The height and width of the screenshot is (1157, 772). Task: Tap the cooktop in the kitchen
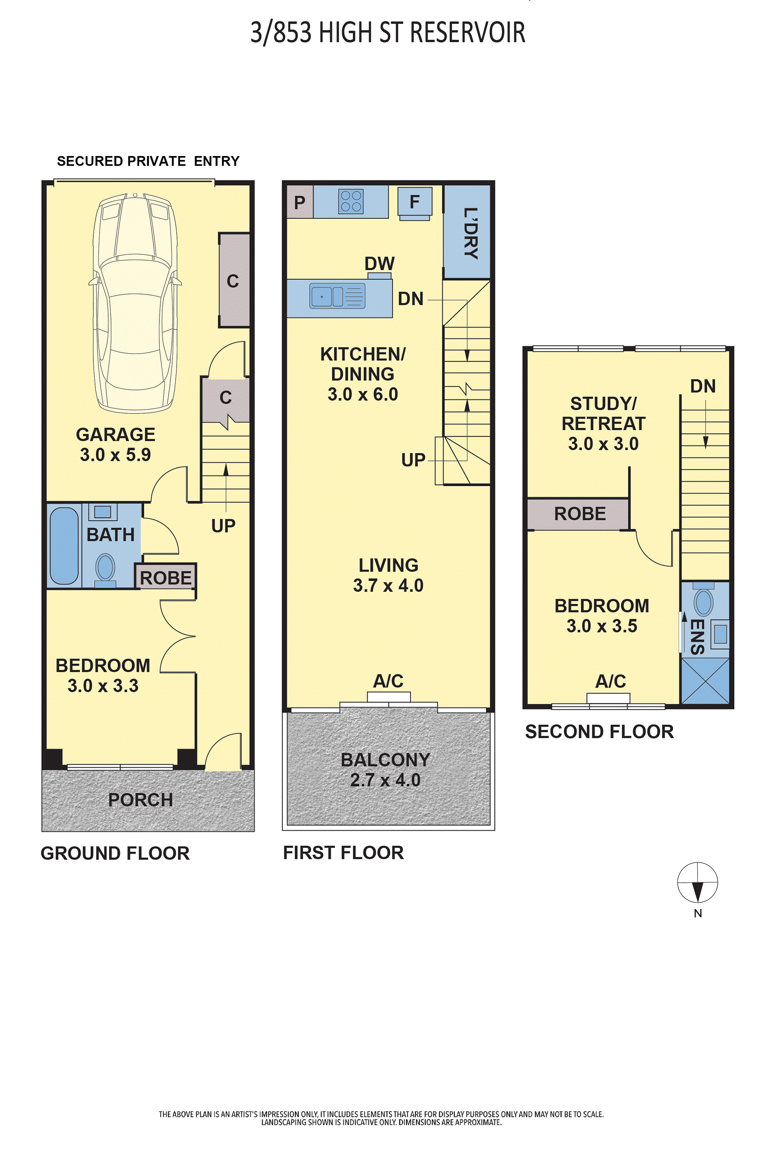(351, 201)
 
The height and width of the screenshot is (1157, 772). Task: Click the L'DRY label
(471, 233)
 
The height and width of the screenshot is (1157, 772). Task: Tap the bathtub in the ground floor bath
(64, 546)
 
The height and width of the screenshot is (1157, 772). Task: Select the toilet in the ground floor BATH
(105, 570)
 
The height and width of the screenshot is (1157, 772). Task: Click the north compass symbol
(697, 882)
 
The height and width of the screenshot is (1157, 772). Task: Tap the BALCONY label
(385, 760)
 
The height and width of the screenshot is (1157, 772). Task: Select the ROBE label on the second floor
(580, 514)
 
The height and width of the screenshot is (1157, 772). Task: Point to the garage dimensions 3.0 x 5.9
(116, 454)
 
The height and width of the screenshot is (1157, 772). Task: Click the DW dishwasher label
(380, 264)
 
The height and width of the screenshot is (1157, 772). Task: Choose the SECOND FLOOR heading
(599, 731)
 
